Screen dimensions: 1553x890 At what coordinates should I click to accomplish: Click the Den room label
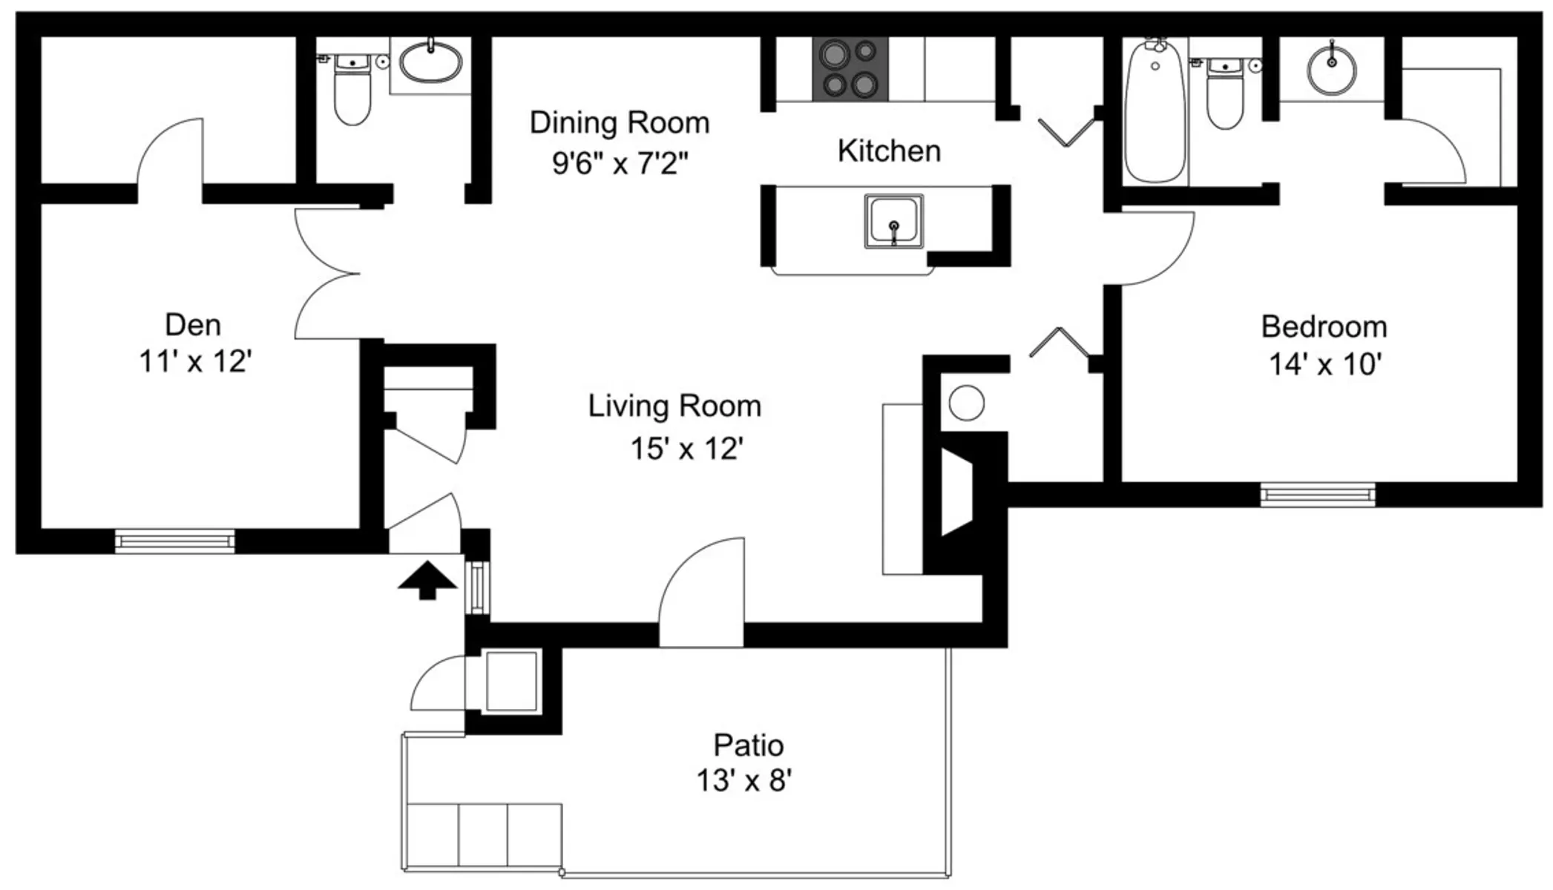coord(193,325)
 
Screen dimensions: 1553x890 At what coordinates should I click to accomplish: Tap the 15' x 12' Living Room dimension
coord(686,449)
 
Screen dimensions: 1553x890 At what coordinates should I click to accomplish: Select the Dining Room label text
coord(620,123)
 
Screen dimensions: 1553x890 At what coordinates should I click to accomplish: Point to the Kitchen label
coord(889,151)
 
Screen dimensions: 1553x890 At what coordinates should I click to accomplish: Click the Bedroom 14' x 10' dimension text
coord(1325,365)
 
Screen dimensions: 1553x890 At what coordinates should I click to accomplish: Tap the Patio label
coord(748,745)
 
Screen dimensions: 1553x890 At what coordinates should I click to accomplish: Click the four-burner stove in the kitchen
coord(850,69)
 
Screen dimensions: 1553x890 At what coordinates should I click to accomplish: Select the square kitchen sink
coord(894,221)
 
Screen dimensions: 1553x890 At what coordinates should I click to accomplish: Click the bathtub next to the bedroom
coord(1155,110)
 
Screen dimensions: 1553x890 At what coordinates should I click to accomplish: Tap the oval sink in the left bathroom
coord(430,62)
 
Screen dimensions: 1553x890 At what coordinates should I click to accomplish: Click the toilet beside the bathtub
coord(1225,93)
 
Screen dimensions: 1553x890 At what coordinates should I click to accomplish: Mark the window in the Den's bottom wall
coord(175,541)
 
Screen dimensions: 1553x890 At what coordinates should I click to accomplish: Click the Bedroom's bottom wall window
coord(1318,495)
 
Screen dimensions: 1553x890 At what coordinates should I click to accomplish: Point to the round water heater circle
coord(967,404)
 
